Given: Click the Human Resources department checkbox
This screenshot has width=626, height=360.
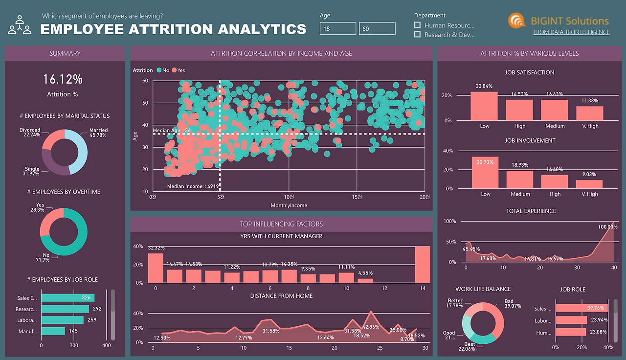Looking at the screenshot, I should [x=417, y=25].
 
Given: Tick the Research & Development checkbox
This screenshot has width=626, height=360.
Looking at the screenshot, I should [x=417, y=35].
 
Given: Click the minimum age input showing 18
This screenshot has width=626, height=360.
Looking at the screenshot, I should [x=338, y=29].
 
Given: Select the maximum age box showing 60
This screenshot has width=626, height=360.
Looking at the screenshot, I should [x=377, y=29].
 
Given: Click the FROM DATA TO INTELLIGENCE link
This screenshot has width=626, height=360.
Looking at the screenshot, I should [x=571, y=32].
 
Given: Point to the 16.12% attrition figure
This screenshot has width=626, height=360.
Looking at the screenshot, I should [x=63, y=79].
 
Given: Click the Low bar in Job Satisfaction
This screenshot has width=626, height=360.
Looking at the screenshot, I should [x=484, y=106].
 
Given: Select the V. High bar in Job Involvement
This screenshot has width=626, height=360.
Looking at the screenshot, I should [x=589, y=184].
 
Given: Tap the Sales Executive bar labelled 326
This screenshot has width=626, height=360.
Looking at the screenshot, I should [x=67, y=297].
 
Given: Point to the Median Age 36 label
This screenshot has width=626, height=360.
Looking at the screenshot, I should [x=171, y=131].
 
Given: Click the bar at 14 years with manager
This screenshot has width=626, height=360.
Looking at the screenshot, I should [x=423, y=264].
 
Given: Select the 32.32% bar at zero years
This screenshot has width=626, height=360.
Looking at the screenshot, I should [x=156, y=268].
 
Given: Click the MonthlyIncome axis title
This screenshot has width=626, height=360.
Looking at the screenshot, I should [x=289, y=205].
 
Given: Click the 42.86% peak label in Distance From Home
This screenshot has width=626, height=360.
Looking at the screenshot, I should [x=372, y=327].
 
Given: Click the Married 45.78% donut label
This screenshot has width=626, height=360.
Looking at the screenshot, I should [x=98, y=133].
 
